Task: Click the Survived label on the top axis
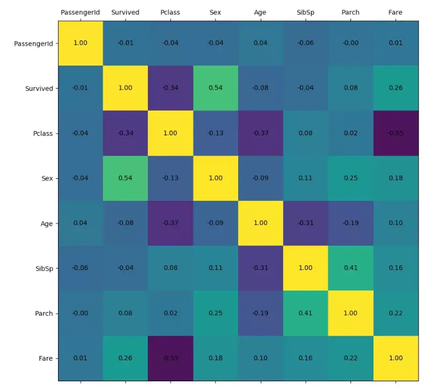click(x=125, y=12)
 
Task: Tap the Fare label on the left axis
click(x=46, y=358)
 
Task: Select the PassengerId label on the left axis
click(x=33, y=43)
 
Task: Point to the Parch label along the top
click(x=350, y=12)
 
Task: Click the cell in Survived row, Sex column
click(x=216, y=88)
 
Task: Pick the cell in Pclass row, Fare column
click(x=396, y=133)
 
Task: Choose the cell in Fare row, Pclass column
click(x=170, y=358)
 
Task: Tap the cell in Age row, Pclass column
click(x=170, y=223)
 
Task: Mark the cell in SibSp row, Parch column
click(x=350, y=268)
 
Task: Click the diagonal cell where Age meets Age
click(x=261, y=223)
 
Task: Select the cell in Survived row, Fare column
click(x=396, y=88)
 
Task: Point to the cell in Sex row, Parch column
click(x=350, y=178)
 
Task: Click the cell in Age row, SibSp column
click(x=305, y=223)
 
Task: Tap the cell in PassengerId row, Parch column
click(x=350, y=43)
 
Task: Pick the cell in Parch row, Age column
click(x=261, y=313)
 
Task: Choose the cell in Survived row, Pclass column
click(x=170, y=88)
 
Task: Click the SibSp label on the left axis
click(x=44, y=268)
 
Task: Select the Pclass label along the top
click(x=170, y=12)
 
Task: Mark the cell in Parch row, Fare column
click(x=396, y=313)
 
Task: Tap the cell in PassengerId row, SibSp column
click(x=305, y=43)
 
